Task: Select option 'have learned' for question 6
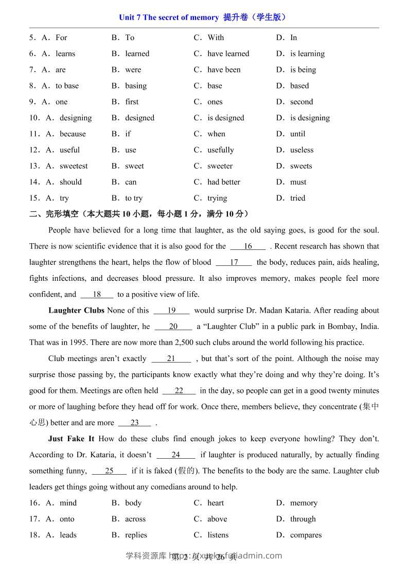[228, 53]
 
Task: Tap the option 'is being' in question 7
[303, 69]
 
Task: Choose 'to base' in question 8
[67, 86]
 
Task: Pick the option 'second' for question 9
[301, 102]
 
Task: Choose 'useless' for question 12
[301, 150]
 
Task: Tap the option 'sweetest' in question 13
[74, 166]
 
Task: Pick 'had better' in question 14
[224, 182]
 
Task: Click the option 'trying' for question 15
[217, 198]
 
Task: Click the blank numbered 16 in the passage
[248, 246]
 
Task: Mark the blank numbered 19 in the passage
[172, 311]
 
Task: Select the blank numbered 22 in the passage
[179, 391]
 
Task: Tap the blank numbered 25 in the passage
[109, 471]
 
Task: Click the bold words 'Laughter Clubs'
[76, 311]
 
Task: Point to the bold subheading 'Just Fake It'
[71, 439]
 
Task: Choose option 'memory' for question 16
[304, 503]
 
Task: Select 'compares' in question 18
[306, 535]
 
